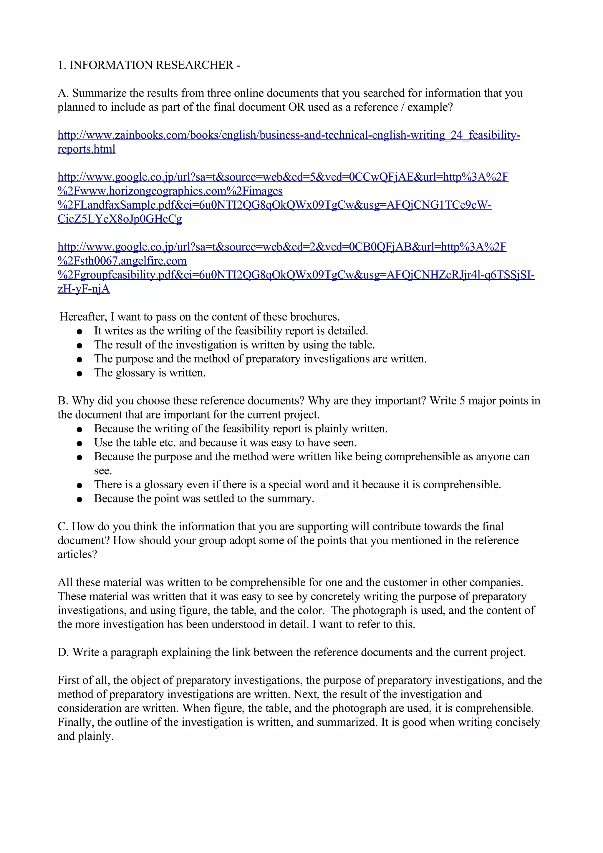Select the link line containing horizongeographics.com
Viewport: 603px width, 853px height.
[x=170, y=191]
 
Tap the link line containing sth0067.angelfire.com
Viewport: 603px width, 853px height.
[x=122, y=261]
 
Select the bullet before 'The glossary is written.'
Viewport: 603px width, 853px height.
[x=79, y=374]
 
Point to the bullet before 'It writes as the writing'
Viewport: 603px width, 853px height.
[x=79, y=331]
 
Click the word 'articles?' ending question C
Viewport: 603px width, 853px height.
[x=77, y=554]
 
